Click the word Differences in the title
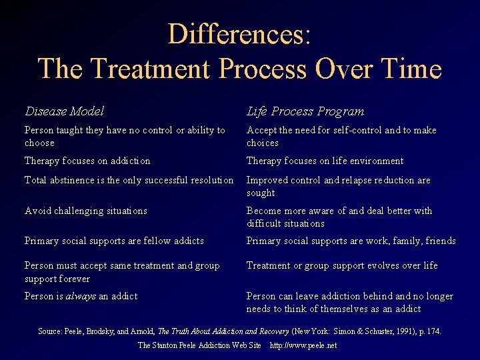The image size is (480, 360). pos(239,34)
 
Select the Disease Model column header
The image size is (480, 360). pos(64,111)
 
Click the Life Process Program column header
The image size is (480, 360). pos(305,111)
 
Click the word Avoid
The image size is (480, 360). pos(37,211)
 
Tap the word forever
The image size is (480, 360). pos(75,278)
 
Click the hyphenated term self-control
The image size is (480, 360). pos(346,130)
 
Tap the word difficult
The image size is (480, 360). pos(264,223)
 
